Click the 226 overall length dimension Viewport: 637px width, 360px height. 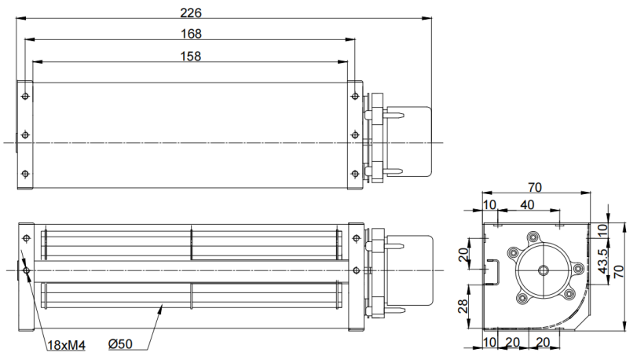(191, 13)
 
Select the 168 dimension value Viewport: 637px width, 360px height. (191, 34)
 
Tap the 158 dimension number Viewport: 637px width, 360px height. (191, 56)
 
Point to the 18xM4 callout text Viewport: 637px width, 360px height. (67, 345)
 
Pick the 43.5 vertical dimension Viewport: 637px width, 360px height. (603, 260)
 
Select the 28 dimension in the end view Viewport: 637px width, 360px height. (463, 306)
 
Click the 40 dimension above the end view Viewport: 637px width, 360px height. (527, 205)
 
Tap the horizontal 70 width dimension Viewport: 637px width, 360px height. (535, 187)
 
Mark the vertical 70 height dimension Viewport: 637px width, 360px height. (618, 271)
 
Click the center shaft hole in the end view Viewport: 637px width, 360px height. (544, 270)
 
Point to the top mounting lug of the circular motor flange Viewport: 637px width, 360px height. (533, 237)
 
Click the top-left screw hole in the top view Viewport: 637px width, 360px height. (26, 97)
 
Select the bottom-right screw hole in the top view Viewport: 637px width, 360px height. (355, 174)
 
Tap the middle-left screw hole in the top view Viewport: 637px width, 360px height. (26, 134)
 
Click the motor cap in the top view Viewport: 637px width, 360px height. (408, 141)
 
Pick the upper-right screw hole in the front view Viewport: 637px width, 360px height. (357, 238)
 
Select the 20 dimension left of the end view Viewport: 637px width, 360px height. (463, 255)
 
